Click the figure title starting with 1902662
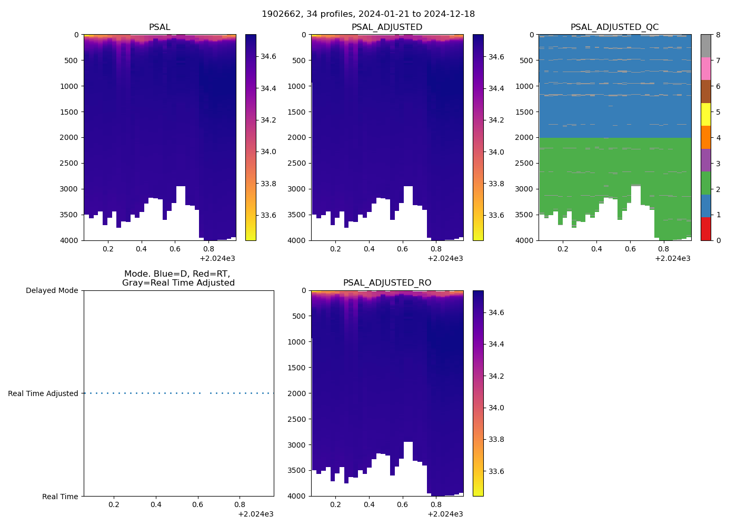[x=368, y=14]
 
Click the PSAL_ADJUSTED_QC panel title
[x=614, y=27]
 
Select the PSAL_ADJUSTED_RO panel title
[x=387, y=283]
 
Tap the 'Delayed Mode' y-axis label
[x=52, y=290]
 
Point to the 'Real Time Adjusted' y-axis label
[x=43, y=393]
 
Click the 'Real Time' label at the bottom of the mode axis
[x=60, y=497]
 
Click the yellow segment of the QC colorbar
[x=705, y=115]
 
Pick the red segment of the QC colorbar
[x=705, y=229]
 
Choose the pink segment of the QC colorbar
[x=705, y=69]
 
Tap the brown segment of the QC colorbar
[x=705, y=92]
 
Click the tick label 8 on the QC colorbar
[x=718, y=35]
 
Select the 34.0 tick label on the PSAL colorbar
[x=269, y=151]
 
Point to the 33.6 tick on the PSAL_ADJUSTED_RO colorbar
[x=496, y=471]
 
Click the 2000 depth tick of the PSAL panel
[x=69, y=137]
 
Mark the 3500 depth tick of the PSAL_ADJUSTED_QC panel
[x=524, y=215]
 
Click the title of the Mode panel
[x=178, y=278]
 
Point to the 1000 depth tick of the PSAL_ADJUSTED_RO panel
[x=296, y=342]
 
